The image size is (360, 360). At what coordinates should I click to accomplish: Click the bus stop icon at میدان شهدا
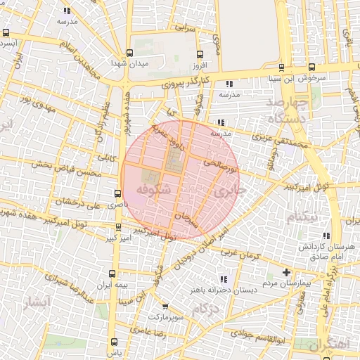[129, 53]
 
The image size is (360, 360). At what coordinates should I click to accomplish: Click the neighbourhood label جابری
[229, 191]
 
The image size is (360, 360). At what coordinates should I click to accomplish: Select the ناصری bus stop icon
[117, 193]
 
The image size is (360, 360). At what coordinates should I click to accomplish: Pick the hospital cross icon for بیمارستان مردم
[286, 272]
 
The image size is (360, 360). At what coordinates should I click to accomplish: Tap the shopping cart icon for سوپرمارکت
[165, 307]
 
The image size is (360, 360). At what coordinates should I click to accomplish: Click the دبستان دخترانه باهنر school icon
[224, 279]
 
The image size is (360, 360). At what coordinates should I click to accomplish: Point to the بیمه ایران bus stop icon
[112, 274]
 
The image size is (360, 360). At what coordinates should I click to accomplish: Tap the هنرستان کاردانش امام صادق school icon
[325, 236]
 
